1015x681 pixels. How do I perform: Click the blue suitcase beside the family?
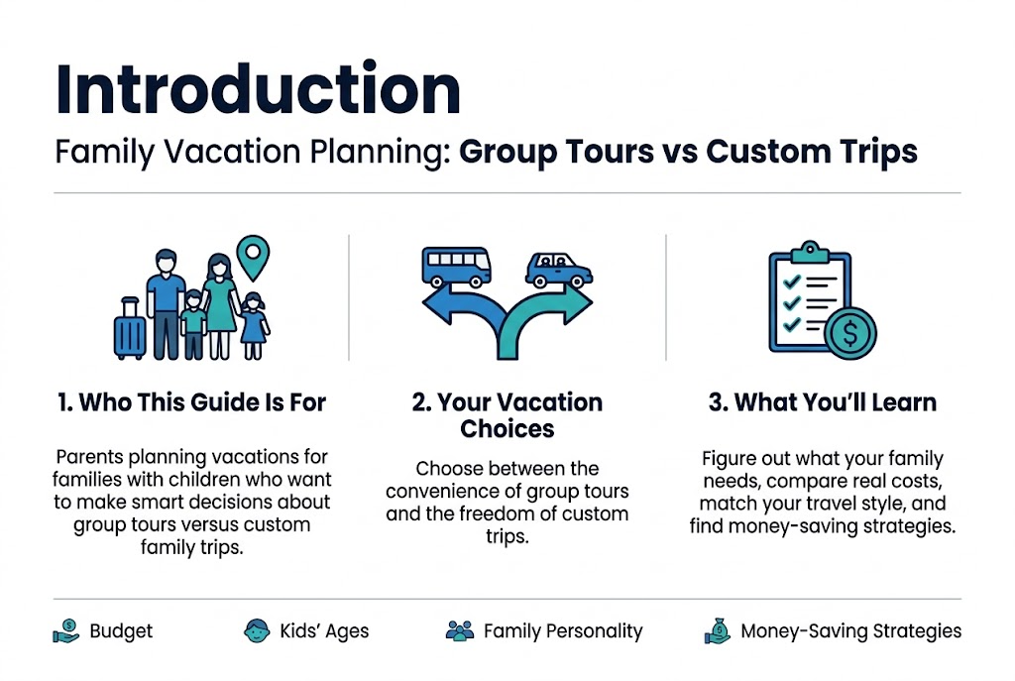(130, 328)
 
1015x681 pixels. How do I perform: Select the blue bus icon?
(456, 267)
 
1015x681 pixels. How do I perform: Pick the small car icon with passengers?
(559, 270)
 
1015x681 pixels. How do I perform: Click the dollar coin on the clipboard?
(850, 333)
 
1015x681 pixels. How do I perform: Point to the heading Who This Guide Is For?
(191, 402)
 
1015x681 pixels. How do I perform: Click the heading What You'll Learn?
(822, 402)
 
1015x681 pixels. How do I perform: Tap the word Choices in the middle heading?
(507, 429)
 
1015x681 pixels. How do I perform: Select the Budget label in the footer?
(121, 631)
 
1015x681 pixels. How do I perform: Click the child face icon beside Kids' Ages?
(257, 630)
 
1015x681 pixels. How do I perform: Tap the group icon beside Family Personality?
(460, 631)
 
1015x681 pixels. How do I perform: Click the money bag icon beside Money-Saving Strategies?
(718, 631)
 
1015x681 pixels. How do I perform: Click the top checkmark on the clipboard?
(792, 282)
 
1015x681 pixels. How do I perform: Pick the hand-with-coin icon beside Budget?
(66, 631)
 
